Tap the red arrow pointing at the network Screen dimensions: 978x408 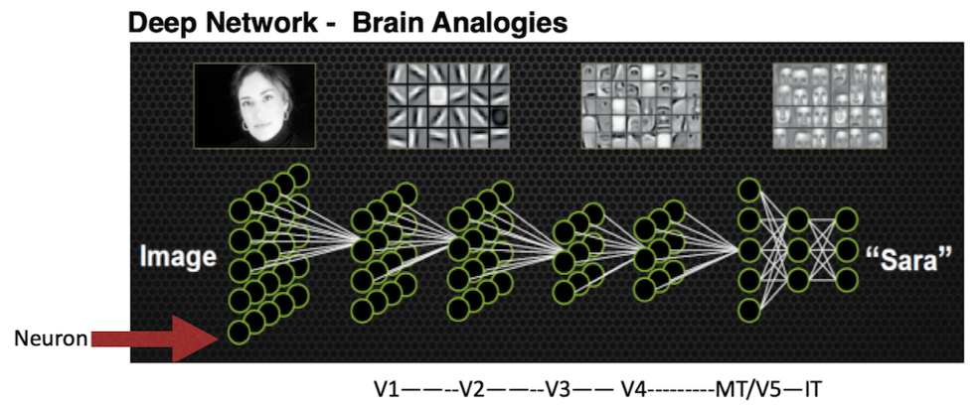(153, 339)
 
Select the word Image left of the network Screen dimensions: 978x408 (178, 257)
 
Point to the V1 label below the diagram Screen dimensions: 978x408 (387, 390)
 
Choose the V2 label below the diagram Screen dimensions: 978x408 (472, 390)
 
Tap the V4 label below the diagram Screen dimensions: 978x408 (634, 390)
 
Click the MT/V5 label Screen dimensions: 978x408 (744, 390)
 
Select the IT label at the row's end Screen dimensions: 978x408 (812, 390)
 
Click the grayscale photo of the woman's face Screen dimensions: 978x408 (254, 105)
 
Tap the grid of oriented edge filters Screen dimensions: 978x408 (448, 105)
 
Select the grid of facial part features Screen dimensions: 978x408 (641, 105)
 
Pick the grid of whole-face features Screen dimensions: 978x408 (830, 105)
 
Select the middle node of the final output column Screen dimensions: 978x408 (847, 250)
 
